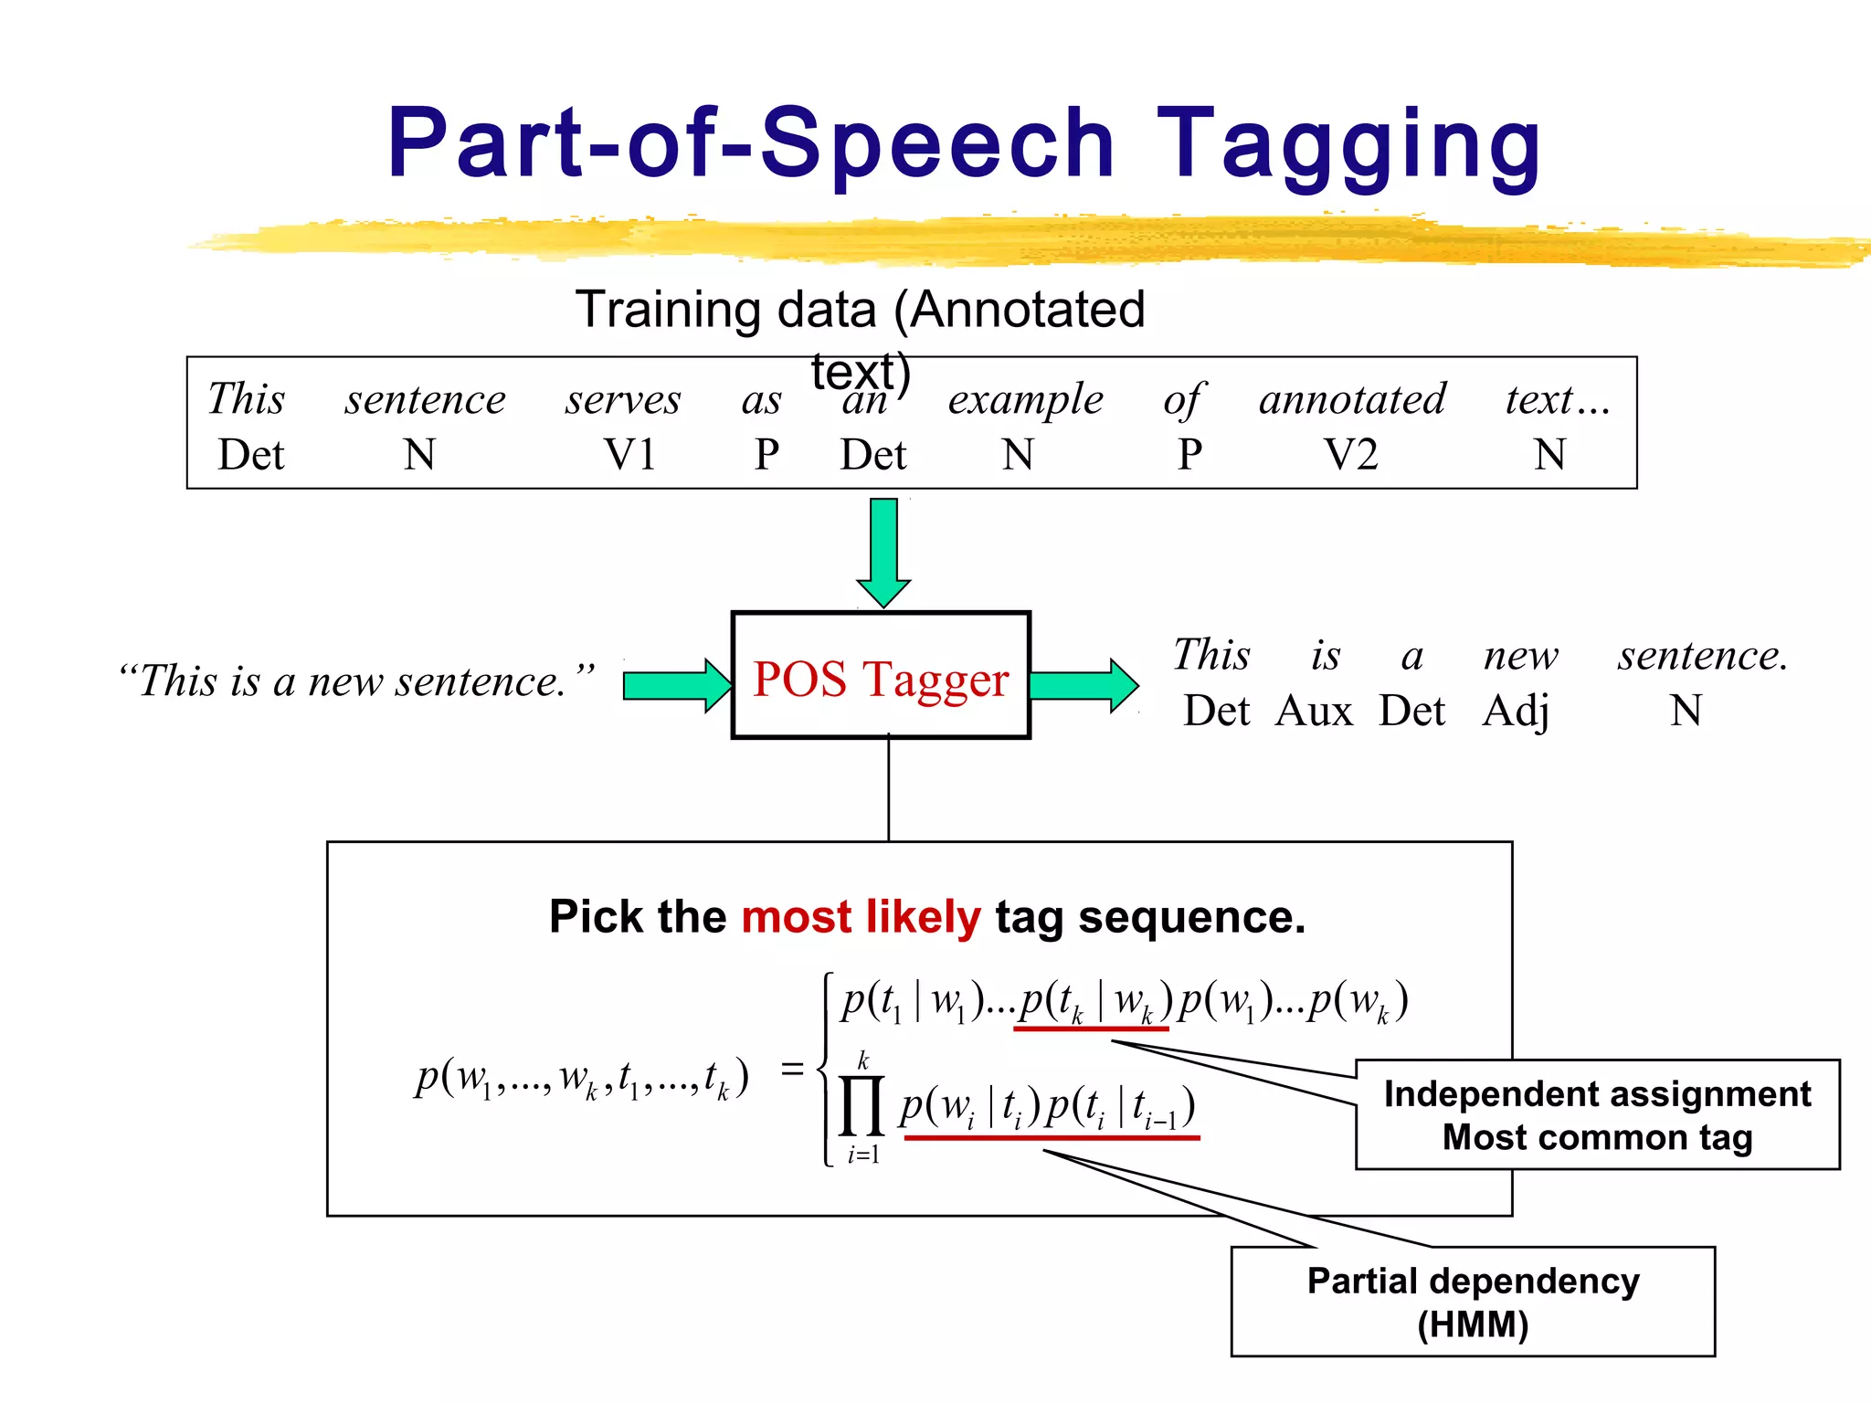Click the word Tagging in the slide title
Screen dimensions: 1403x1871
[x=1348, y=146]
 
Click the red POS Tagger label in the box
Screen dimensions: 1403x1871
[x=881, y=680]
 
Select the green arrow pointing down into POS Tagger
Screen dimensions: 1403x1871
[x=883, y=550]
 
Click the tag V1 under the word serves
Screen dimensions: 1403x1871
[x=630, y=455]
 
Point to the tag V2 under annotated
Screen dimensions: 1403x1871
[x=1351, y=455]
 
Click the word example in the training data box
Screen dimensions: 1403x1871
[x=1025, y=400]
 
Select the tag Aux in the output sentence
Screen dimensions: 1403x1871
[x=1314, y=711]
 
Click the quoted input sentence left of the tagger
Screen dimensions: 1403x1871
[x=356, y=681]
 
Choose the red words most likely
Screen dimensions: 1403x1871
[x=861, y=917]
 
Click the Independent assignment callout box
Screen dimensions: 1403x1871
[x=1597, y=1114]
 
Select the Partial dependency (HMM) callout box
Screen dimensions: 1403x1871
[x=1473, y=1302]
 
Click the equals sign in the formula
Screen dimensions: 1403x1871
[x=792, y=1069]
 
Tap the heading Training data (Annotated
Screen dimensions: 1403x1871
[x=859, y=310]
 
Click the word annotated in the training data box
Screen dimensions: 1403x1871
[x=1352, y=400]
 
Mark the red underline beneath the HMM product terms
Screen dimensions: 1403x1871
[x=1051, y=1138]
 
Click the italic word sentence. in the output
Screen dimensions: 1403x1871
[x=1702, y=656]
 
